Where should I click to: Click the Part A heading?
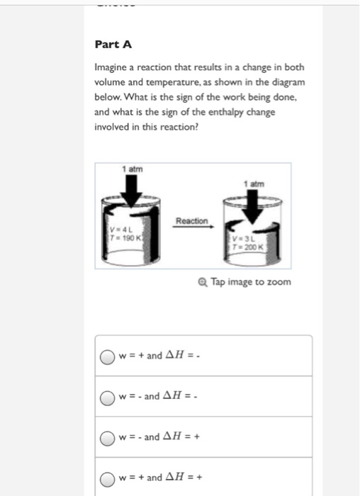(x=113, y=45)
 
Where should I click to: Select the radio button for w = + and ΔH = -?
(x=107, y=356)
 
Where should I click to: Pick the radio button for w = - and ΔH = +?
(x=107, y=437)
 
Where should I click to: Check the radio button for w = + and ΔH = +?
(x=107, y=477)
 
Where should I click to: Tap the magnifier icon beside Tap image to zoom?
(x=203, y=282)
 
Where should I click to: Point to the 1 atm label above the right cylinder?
(x=252, y=184)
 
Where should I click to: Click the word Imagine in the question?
(x=113, y=68)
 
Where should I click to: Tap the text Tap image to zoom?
(x=250, y=282)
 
